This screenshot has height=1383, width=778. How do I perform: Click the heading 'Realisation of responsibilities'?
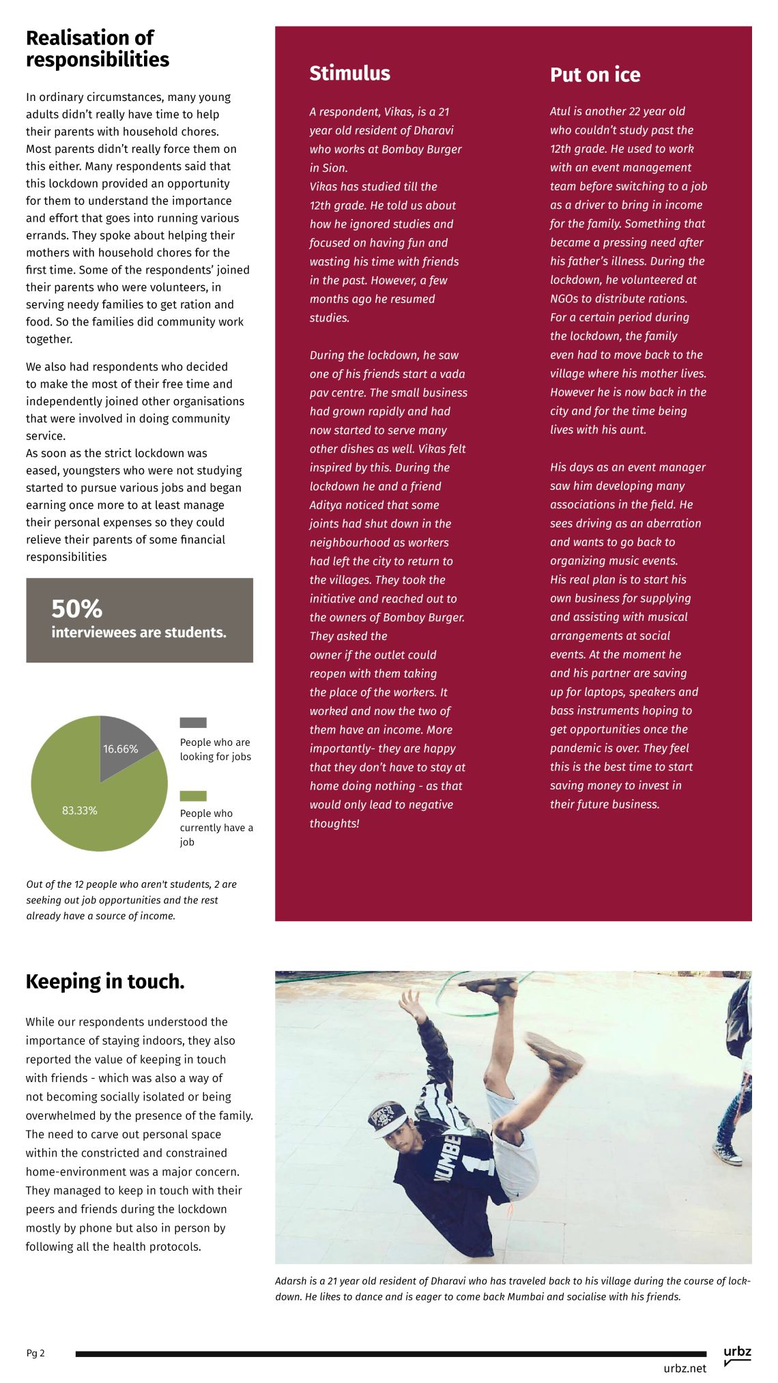pyautogui.click(x=97, y=48)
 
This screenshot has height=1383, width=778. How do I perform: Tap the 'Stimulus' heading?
pyautogui.click(x=349, y=73)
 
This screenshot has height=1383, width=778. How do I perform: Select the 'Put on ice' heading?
pyautogui.click(x=594, y=74)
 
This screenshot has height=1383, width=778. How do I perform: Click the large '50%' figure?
pyautogui.click(x=76, y=608)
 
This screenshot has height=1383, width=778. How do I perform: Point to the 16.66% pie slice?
pyautogui.click(x=124, y=743)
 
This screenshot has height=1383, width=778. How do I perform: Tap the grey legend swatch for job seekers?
pyautogui.click(x=192, y=723)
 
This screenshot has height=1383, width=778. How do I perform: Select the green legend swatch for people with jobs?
pyautogui.click(x=192, y=796)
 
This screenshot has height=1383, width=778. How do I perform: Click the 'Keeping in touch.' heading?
pyautogui.click(x=105, y=981)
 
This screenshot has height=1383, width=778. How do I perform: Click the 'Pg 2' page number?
pyautogui.click(x=35, y=1353)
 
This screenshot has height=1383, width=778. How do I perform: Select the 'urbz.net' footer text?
pyautogui.click(x=685, y=1368)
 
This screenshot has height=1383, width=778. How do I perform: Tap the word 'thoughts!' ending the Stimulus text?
pyautogui.click(x=334, y=824)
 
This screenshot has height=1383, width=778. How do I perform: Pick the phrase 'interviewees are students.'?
pyautogui.click(x=139, y=632)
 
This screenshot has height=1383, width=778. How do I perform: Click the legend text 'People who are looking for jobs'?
pyautogui.click(x=215, y=749)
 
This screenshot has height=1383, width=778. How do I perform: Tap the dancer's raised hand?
pyautogui.click(x=412, y=1002)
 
